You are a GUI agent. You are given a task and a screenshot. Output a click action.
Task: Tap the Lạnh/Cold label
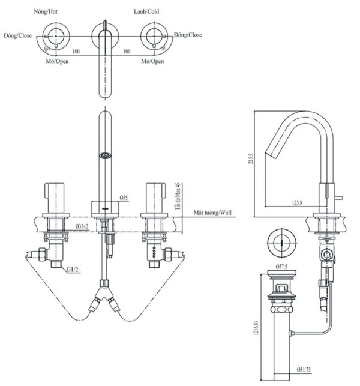point(146,11)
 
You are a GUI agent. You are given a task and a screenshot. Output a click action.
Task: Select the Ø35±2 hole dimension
point(82,226)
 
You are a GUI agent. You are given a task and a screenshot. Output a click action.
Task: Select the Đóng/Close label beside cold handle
point(188,35)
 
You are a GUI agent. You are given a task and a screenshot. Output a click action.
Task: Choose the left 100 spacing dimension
point(76,52)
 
